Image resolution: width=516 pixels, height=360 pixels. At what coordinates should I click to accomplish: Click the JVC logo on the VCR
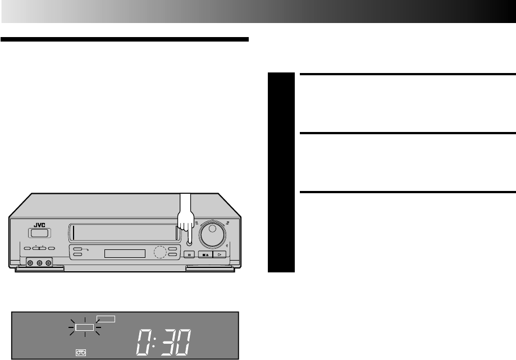[x=38, y=223]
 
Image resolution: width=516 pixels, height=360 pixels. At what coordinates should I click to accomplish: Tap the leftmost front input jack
[x=31, y=262]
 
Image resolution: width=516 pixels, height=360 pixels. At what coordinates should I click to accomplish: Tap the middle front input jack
[x=40, y=262]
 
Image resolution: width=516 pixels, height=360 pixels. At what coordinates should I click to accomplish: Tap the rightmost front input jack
[x=49, y=262]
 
